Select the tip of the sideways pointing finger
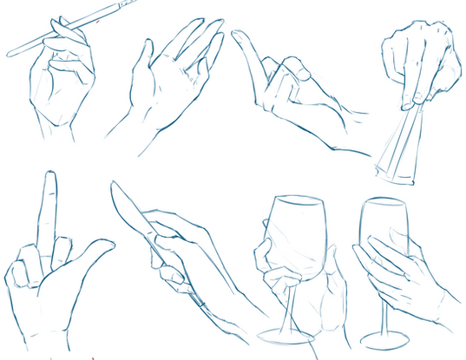(x=236, y=36)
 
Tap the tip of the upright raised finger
(x=50, y=177)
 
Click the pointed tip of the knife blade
(x=114, y=185)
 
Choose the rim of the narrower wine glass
(x=384, y=203)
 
